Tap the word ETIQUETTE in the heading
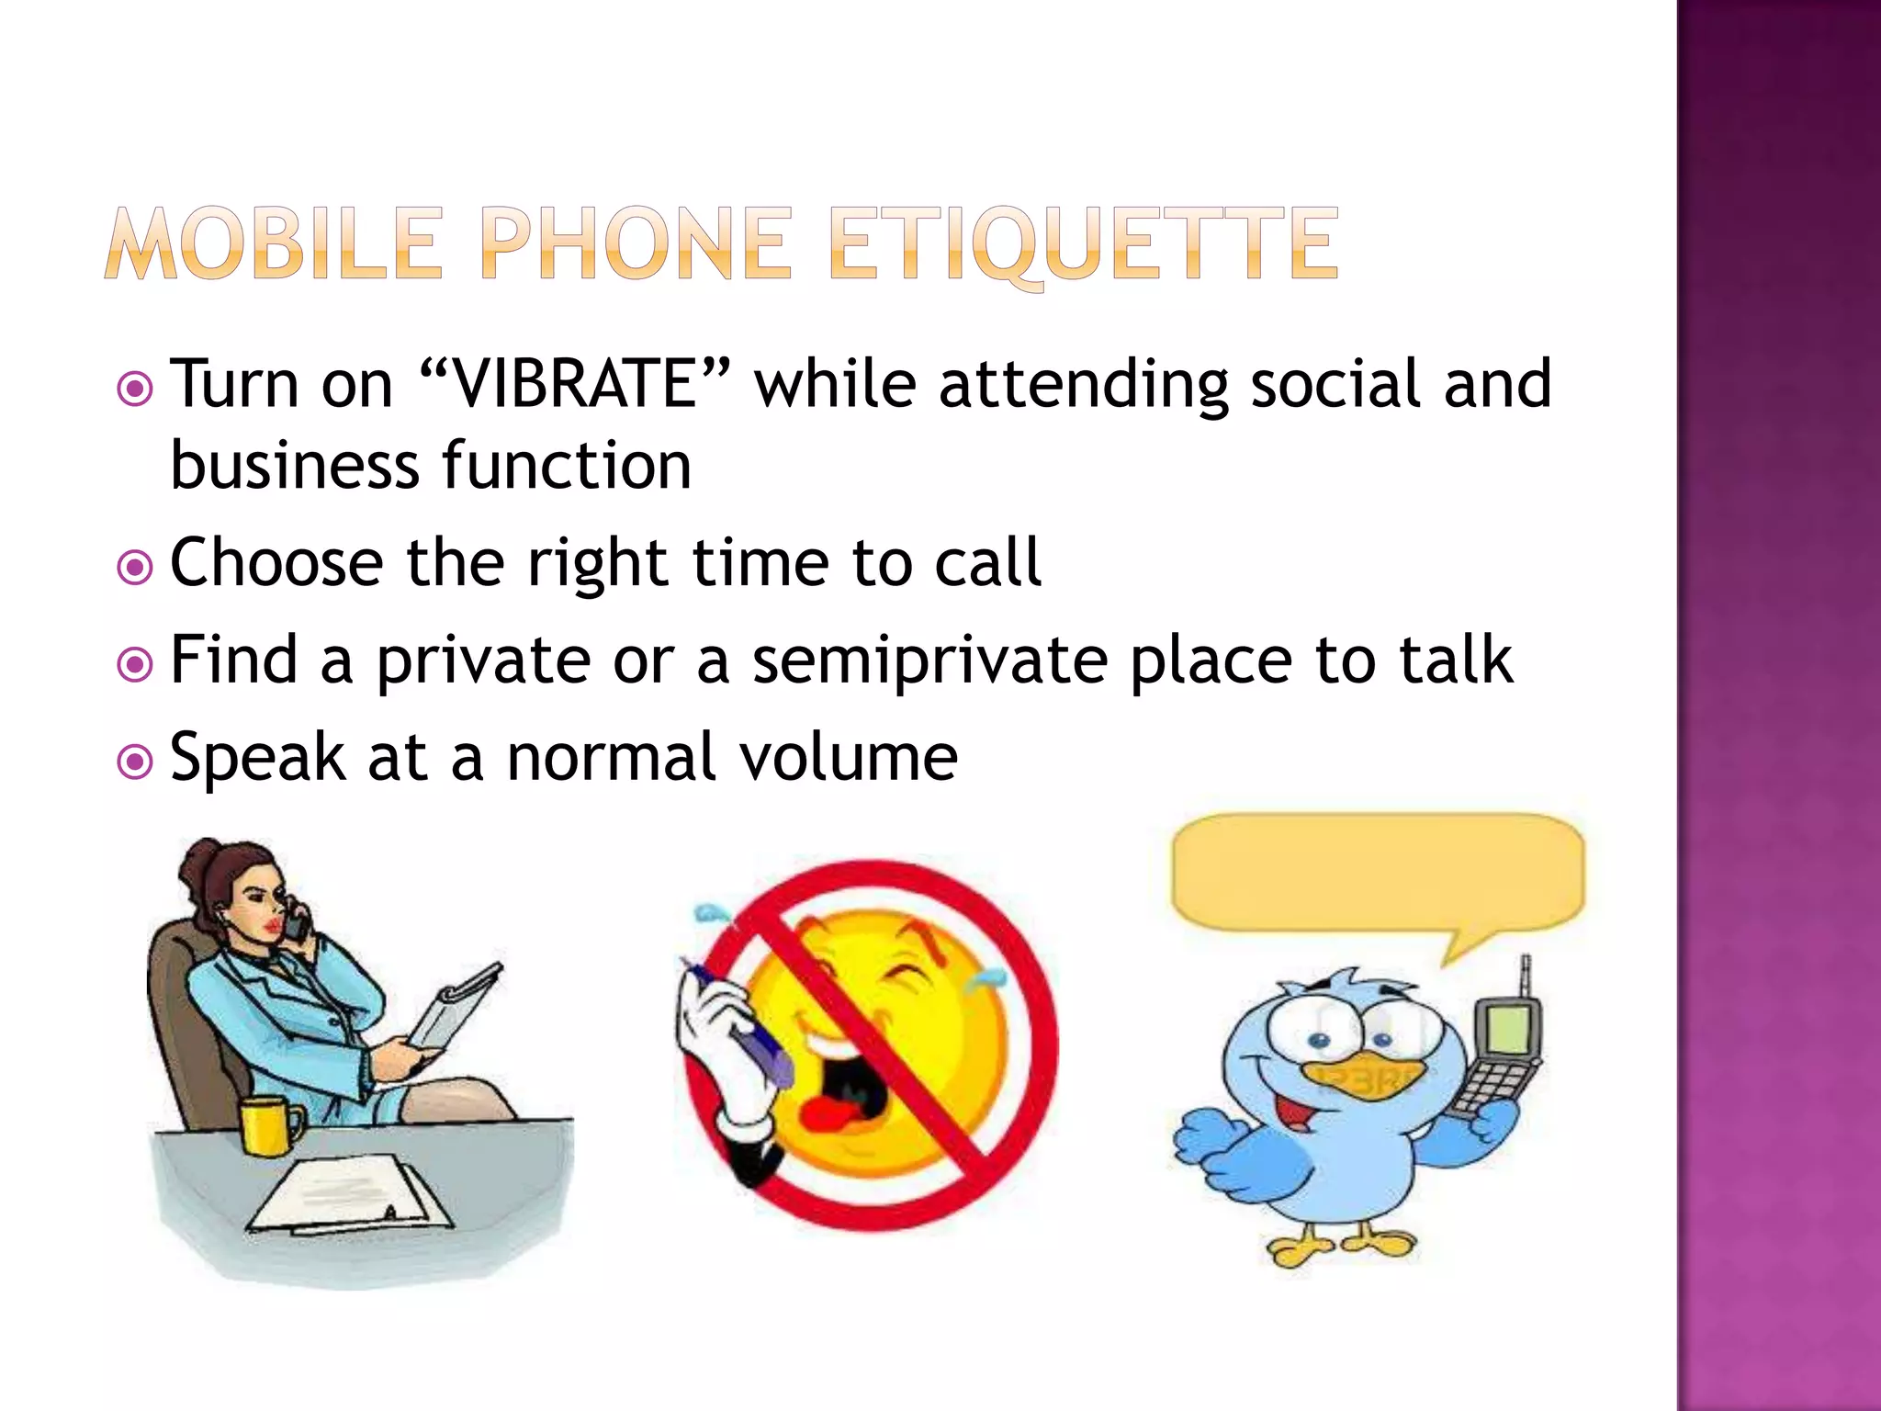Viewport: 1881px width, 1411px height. (1084, 243)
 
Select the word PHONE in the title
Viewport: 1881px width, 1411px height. (635, 243)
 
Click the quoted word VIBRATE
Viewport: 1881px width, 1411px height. (575, 384)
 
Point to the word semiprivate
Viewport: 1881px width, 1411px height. (929, 661)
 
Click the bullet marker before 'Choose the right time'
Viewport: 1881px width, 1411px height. (135, 567)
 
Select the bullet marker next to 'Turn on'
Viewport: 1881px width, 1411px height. (135, 389)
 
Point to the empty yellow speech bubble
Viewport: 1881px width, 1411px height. (1378, 873)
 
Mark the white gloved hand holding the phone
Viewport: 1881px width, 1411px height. (712, 1029)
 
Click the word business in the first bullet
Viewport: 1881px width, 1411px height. (294, 467)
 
